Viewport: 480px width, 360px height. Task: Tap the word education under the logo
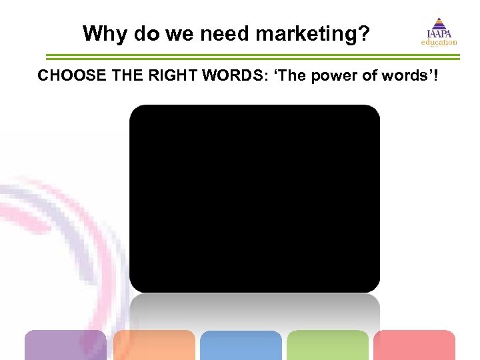pos(439,43)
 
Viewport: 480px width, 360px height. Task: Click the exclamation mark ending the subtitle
pos(435,75)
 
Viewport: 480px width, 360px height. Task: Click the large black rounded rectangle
pos(254,198)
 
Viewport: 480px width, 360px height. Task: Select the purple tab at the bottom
pos(65,345)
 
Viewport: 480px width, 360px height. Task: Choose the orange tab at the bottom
pos(154,345)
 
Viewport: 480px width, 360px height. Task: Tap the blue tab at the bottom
pos(241,345)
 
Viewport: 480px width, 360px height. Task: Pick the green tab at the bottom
pos(327,345)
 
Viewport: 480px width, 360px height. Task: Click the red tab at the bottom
pos(414,345)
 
